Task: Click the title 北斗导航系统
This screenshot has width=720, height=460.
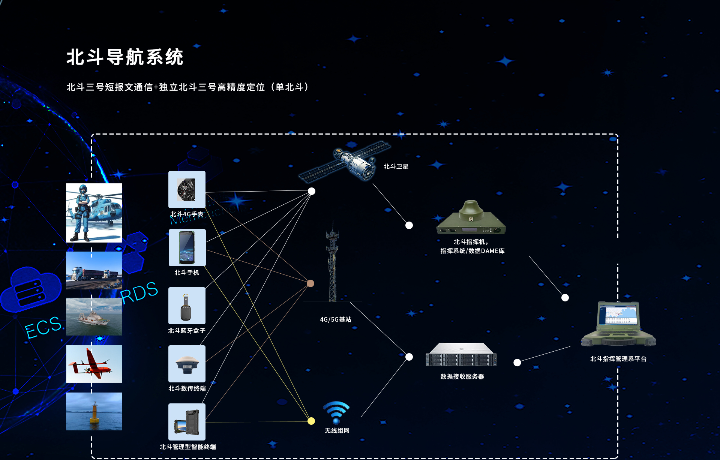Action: point(125,57)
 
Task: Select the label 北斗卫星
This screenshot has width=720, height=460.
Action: point(396,166)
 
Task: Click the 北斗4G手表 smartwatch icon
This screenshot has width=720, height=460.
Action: point(187,189)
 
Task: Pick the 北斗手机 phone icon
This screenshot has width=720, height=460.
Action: point(187,247)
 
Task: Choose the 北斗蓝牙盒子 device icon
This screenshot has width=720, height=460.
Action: point(187,306)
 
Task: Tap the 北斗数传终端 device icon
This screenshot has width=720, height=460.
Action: point(187,364)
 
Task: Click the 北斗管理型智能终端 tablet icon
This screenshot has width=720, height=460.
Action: point(187,422)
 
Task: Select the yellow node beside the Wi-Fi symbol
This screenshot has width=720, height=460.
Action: point(311,421)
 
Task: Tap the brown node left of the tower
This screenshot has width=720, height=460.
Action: point(310,283)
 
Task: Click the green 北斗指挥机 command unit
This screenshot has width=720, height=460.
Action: point(471,219)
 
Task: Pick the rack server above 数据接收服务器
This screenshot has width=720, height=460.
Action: point(461,355)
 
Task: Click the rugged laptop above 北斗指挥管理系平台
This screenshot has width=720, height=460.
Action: point(618,325)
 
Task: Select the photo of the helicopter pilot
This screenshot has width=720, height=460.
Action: point(94,213)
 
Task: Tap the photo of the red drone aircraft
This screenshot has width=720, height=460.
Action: point(94,364)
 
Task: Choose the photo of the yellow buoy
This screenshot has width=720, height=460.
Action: point(94,411)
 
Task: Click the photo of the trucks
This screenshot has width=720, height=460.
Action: point(94,270)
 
